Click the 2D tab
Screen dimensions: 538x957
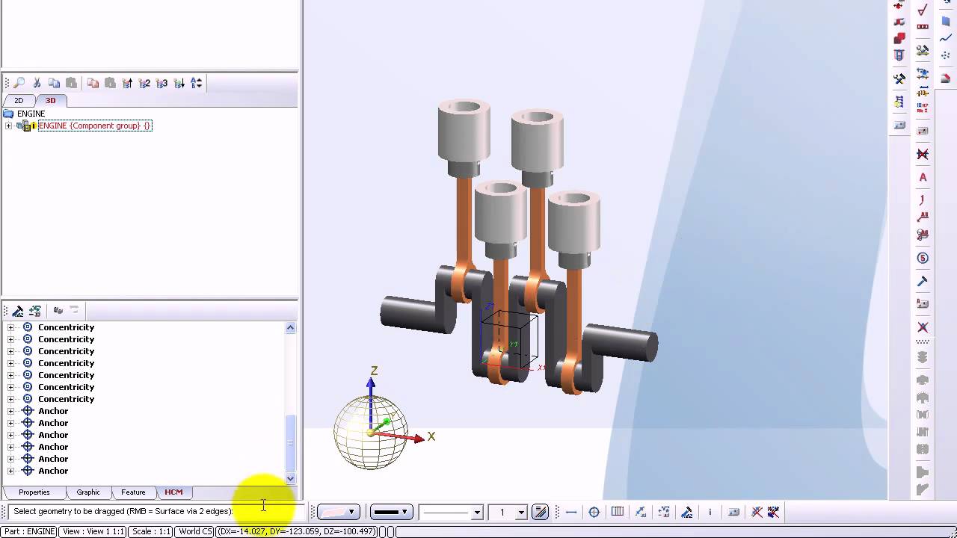coord(19,101)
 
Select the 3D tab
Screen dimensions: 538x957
coord(50,101)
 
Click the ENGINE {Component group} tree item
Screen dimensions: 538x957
coord(94,126)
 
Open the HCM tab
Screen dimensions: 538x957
coord(173,492)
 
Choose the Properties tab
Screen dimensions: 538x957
coord(34,492)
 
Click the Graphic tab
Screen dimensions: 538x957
coord(88,492)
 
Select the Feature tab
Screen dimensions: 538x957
coord(133,492)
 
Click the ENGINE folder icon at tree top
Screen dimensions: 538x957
coord(8,114)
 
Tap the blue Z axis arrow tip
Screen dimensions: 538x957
coord(371,383)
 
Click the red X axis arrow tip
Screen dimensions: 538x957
coord(419,438)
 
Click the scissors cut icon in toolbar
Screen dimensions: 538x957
coord(37,83)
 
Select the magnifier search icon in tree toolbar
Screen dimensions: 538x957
coord(19,83)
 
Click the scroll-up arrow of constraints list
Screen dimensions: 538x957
coord(290,328)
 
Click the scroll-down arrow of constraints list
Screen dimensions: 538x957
coord(290,478)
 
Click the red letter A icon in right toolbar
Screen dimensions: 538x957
coord(923,178)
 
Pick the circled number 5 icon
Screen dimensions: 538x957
coord(923,259)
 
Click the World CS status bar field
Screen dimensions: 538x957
coord(195,532)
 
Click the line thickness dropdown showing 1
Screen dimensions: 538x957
coord(508,512)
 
